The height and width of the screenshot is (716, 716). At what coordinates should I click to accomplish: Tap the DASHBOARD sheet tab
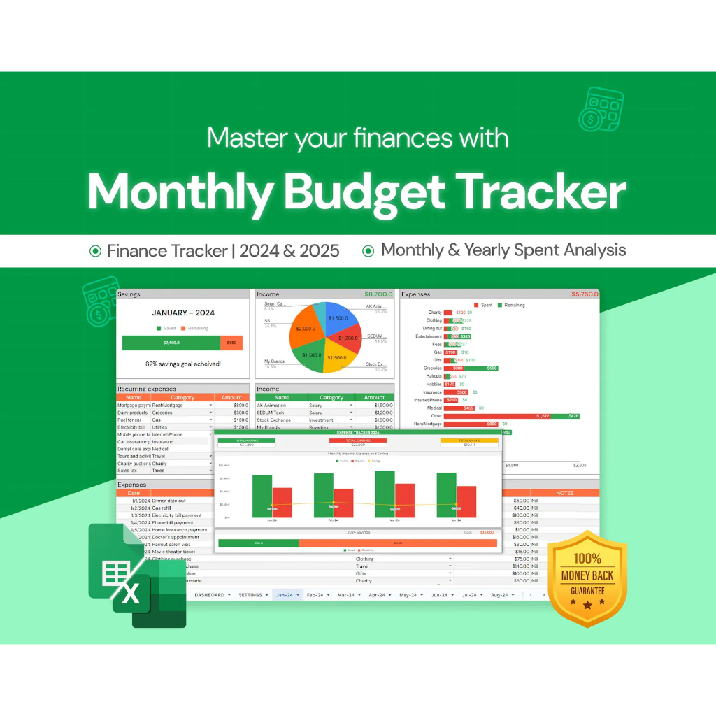coord(209,595)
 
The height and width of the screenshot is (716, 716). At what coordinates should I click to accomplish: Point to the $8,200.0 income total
coord(378,294)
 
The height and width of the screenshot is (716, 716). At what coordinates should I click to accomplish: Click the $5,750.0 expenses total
coord(585,294)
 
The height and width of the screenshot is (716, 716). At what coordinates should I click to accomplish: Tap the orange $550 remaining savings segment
coord(231,343)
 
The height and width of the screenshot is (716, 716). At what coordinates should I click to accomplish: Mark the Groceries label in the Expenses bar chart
coord(433,368)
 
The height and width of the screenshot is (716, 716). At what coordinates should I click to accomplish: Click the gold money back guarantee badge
coord(587,578)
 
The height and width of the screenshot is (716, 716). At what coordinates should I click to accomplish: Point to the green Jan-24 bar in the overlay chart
coord(262,496)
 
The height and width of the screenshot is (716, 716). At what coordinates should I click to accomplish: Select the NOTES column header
coord(564,493)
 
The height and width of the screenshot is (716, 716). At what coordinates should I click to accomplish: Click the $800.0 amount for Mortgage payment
coord(240,405)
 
